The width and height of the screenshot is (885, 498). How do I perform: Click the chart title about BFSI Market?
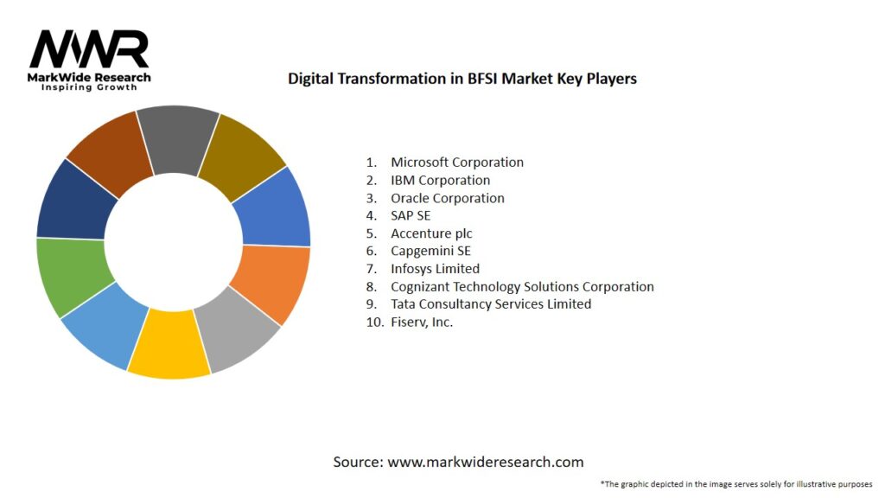pyautogui.click(x=462, y=79)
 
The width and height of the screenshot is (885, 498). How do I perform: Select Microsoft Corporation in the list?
pyautogui.click(x=456, y=162)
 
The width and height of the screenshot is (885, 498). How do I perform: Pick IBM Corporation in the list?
pyautogui.click(x=440, y=180)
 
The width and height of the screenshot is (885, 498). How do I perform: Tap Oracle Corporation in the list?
pyautogui.click(x=447, y=198)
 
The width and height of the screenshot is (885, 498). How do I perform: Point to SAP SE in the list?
pyautogui.click(x=411, y=215)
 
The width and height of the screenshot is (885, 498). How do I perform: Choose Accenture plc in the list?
pyautogui.click(x=431, y=233)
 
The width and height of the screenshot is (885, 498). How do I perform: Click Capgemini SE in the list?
pyautogui.click(x=430, y=251)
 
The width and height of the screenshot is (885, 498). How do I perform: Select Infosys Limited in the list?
pyautogui.click(x=435, y=269)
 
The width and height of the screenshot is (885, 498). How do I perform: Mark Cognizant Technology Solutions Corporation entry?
pyautogui.click(x=522, y=286)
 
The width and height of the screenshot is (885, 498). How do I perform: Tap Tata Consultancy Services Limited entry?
pyautogui.click(x=491, y=304)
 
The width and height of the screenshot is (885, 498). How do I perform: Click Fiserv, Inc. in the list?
pyautogui.click(x=422, y=322)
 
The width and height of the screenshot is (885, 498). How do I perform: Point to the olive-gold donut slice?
pyautogui.click(x=246, y=150)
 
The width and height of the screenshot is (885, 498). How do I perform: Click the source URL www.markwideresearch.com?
pyautogui.click(x=485, y=462)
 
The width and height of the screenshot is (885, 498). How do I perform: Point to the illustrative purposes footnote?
pyautogui.click(x=735, y=483)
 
